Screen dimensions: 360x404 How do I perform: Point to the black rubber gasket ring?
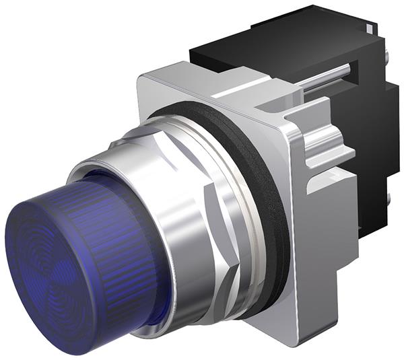pos(269,202)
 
